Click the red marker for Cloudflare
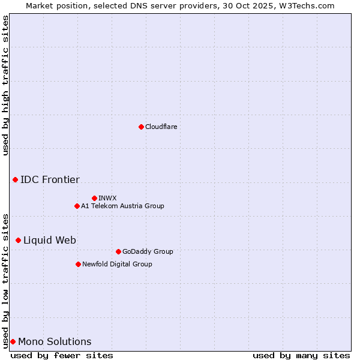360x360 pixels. tap(141, 127)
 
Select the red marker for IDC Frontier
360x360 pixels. tap(15, 179)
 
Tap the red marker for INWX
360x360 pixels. tap(94, 198)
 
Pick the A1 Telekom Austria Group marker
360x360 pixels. tap(77, 206)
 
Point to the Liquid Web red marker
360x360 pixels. tap(18, 240)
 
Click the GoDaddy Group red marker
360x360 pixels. tap(118, 251)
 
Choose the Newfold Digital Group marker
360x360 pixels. tap(78, 264)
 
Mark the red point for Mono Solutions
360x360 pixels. tap(13, 341)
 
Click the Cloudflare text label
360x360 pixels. tap(161, 127)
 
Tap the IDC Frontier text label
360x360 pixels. tap(50, 179)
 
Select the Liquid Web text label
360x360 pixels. tap(50, 240)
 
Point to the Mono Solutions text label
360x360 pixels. tap(55, 341)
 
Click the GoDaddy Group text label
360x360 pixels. tap(148, 251)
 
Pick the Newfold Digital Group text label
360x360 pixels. tap(117, 264)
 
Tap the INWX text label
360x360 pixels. tap(107, 198)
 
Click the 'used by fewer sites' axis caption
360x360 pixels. tap(62, 355)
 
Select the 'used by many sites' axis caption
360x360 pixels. tap(301, 355)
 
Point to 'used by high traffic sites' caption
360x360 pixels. tap(5, 85)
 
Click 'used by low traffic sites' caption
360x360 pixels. tap(5, 280)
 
